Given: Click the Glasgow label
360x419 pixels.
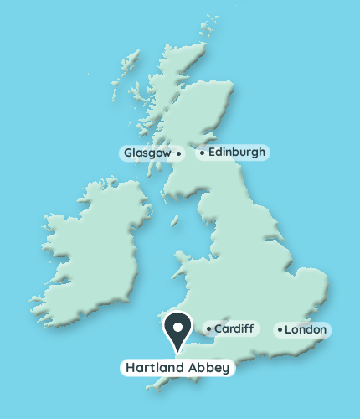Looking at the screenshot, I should (x=147, y=153).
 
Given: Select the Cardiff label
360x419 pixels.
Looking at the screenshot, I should (x=233, y=328).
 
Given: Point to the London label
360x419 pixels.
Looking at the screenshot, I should (x=305, y=330).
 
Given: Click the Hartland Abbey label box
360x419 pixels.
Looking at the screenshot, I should (x=177, y=367).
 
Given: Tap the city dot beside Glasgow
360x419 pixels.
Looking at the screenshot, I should (x=178, y=153).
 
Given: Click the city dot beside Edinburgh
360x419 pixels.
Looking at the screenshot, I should (x=202, y=153).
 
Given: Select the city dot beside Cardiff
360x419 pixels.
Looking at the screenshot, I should (x=208, y=328).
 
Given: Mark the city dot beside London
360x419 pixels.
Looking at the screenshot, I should (x=280, y=330).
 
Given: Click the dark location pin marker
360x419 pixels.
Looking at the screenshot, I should (x=177, y=328).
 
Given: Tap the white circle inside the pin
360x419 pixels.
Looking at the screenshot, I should (x=177, y=324).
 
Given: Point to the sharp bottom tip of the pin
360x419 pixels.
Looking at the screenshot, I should (x=177, y=351).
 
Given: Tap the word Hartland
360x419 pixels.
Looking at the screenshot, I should (x=155, y=367).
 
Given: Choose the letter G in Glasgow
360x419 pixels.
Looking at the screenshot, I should (x=128, y=153).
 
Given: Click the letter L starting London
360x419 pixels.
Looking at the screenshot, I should (x=288, y=330).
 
